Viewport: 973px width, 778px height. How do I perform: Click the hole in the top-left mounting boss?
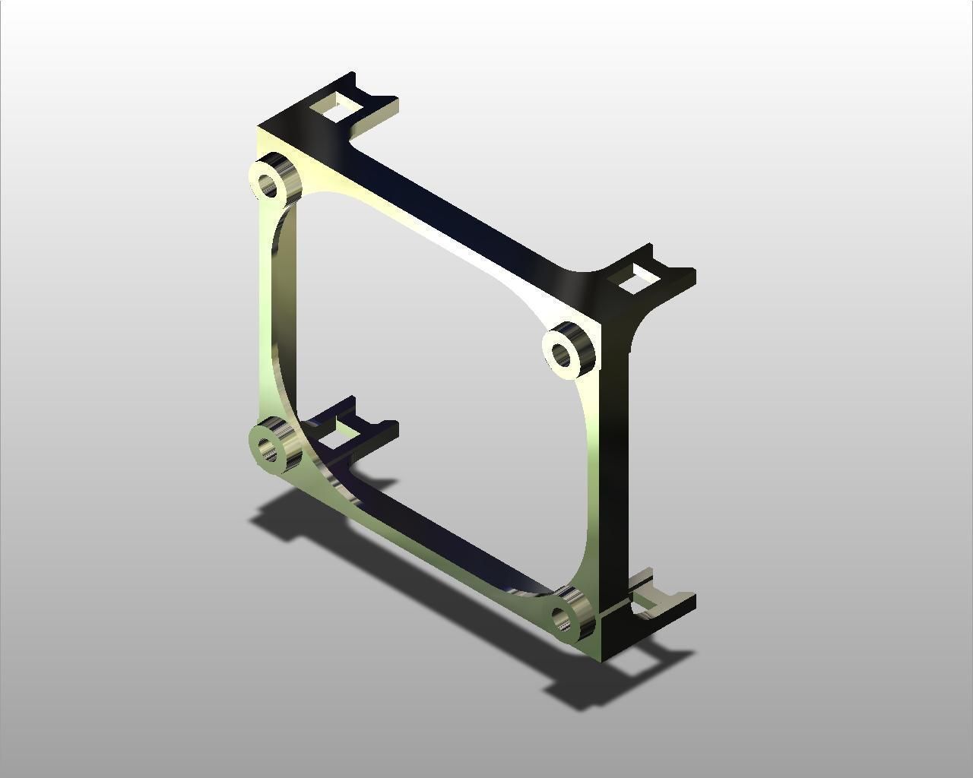(268, 183)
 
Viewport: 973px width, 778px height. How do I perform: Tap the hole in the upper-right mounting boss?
(561, 353)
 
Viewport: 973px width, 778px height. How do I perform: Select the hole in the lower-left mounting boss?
(268, 449)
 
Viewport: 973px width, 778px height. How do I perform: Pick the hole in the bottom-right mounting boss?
(563, 619)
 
